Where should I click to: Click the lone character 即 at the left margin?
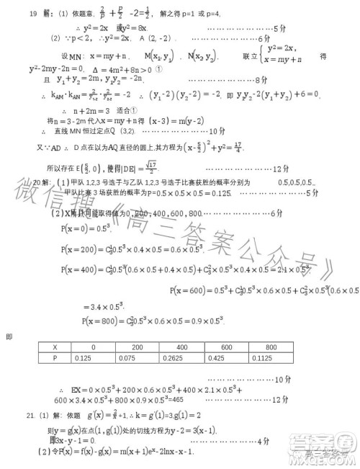pyautogui.click(x=9, y=336)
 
